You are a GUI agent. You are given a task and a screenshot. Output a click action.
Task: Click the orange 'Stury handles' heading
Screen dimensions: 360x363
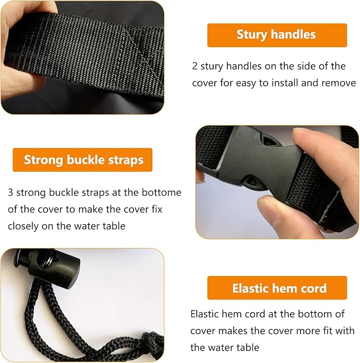(277, 35)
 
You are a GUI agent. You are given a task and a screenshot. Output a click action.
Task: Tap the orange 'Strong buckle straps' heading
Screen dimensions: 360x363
(83, 160)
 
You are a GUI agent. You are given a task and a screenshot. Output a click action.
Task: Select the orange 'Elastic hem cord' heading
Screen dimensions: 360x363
(277, 288)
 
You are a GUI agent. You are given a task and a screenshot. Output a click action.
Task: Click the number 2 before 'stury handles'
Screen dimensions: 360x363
(195, 66)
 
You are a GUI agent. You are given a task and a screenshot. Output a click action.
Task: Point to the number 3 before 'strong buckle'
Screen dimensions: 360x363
(11, 192)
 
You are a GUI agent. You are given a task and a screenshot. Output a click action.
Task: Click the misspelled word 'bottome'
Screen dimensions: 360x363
(162, 192)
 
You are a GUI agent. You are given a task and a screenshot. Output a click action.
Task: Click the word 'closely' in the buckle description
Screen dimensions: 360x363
(23, 226)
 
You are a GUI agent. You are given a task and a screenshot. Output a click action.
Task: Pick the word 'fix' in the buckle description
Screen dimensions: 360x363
(157, 209)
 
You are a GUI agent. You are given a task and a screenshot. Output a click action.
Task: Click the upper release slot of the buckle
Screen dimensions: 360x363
(269, 140)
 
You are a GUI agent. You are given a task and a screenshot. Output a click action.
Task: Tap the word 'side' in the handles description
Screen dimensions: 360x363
(306, 66)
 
